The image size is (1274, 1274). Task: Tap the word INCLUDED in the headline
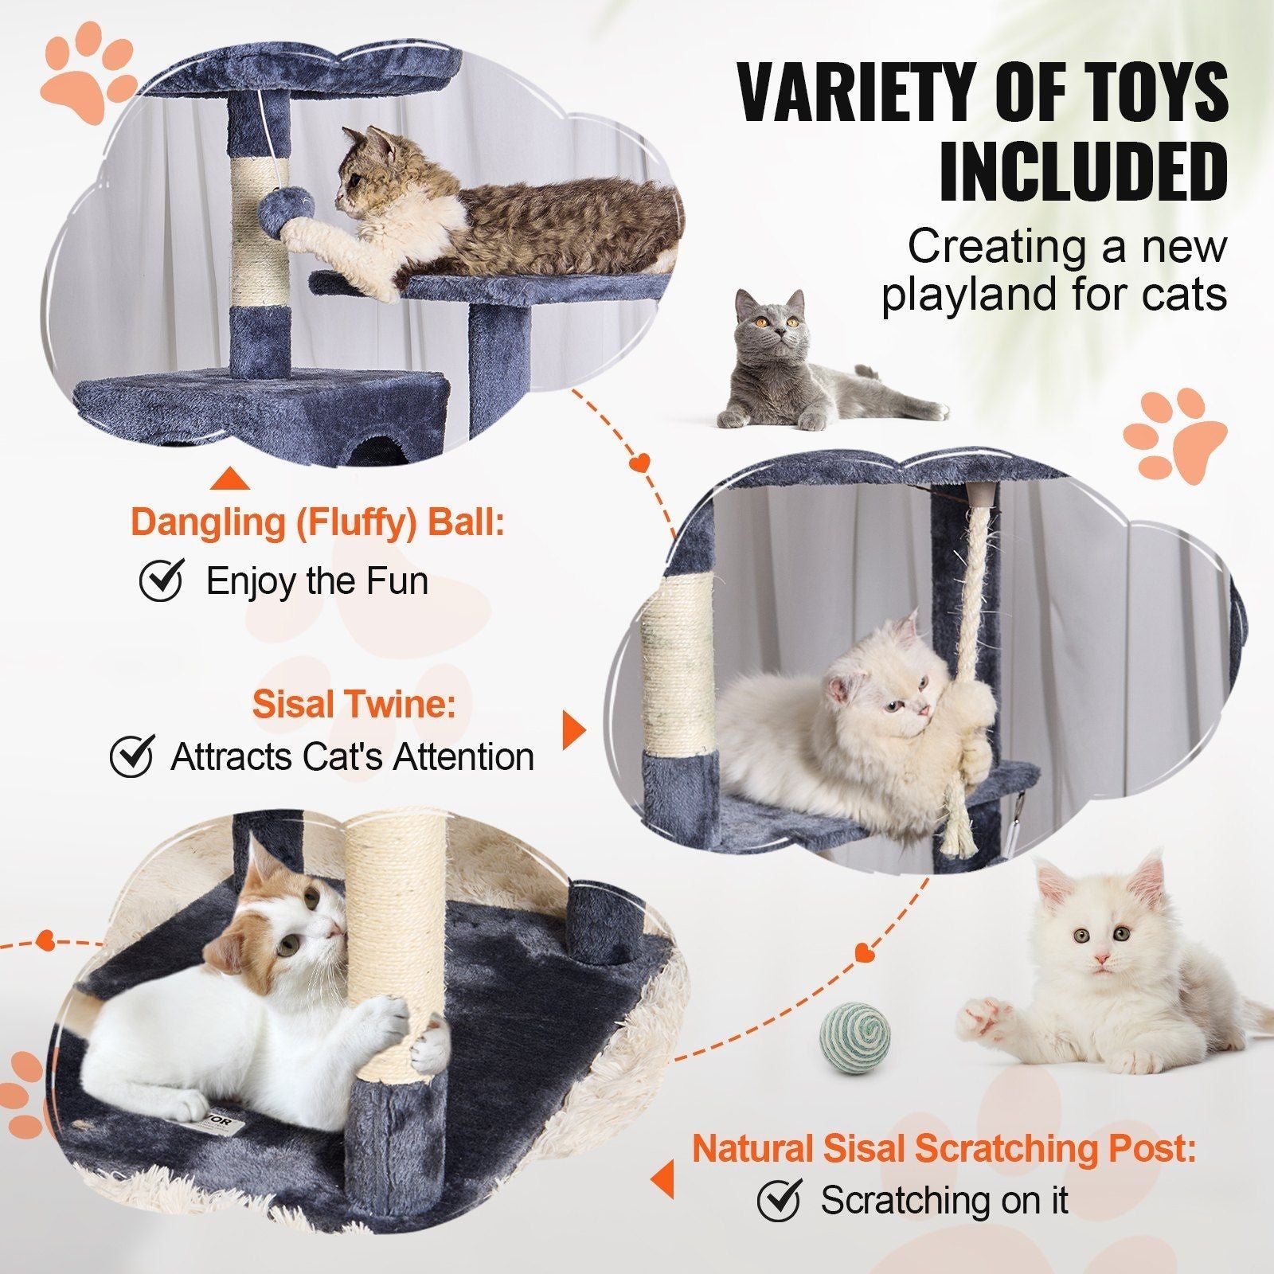1083,171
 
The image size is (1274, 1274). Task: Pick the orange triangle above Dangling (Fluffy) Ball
232,479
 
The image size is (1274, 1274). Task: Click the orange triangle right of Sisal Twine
573,729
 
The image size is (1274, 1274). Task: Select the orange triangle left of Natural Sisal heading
663,1178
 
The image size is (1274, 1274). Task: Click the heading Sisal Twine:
354,705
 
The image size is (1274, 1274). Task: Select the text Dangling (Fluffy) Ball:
318,522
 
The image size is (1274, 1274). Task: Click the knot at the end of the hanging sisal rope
973,760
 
